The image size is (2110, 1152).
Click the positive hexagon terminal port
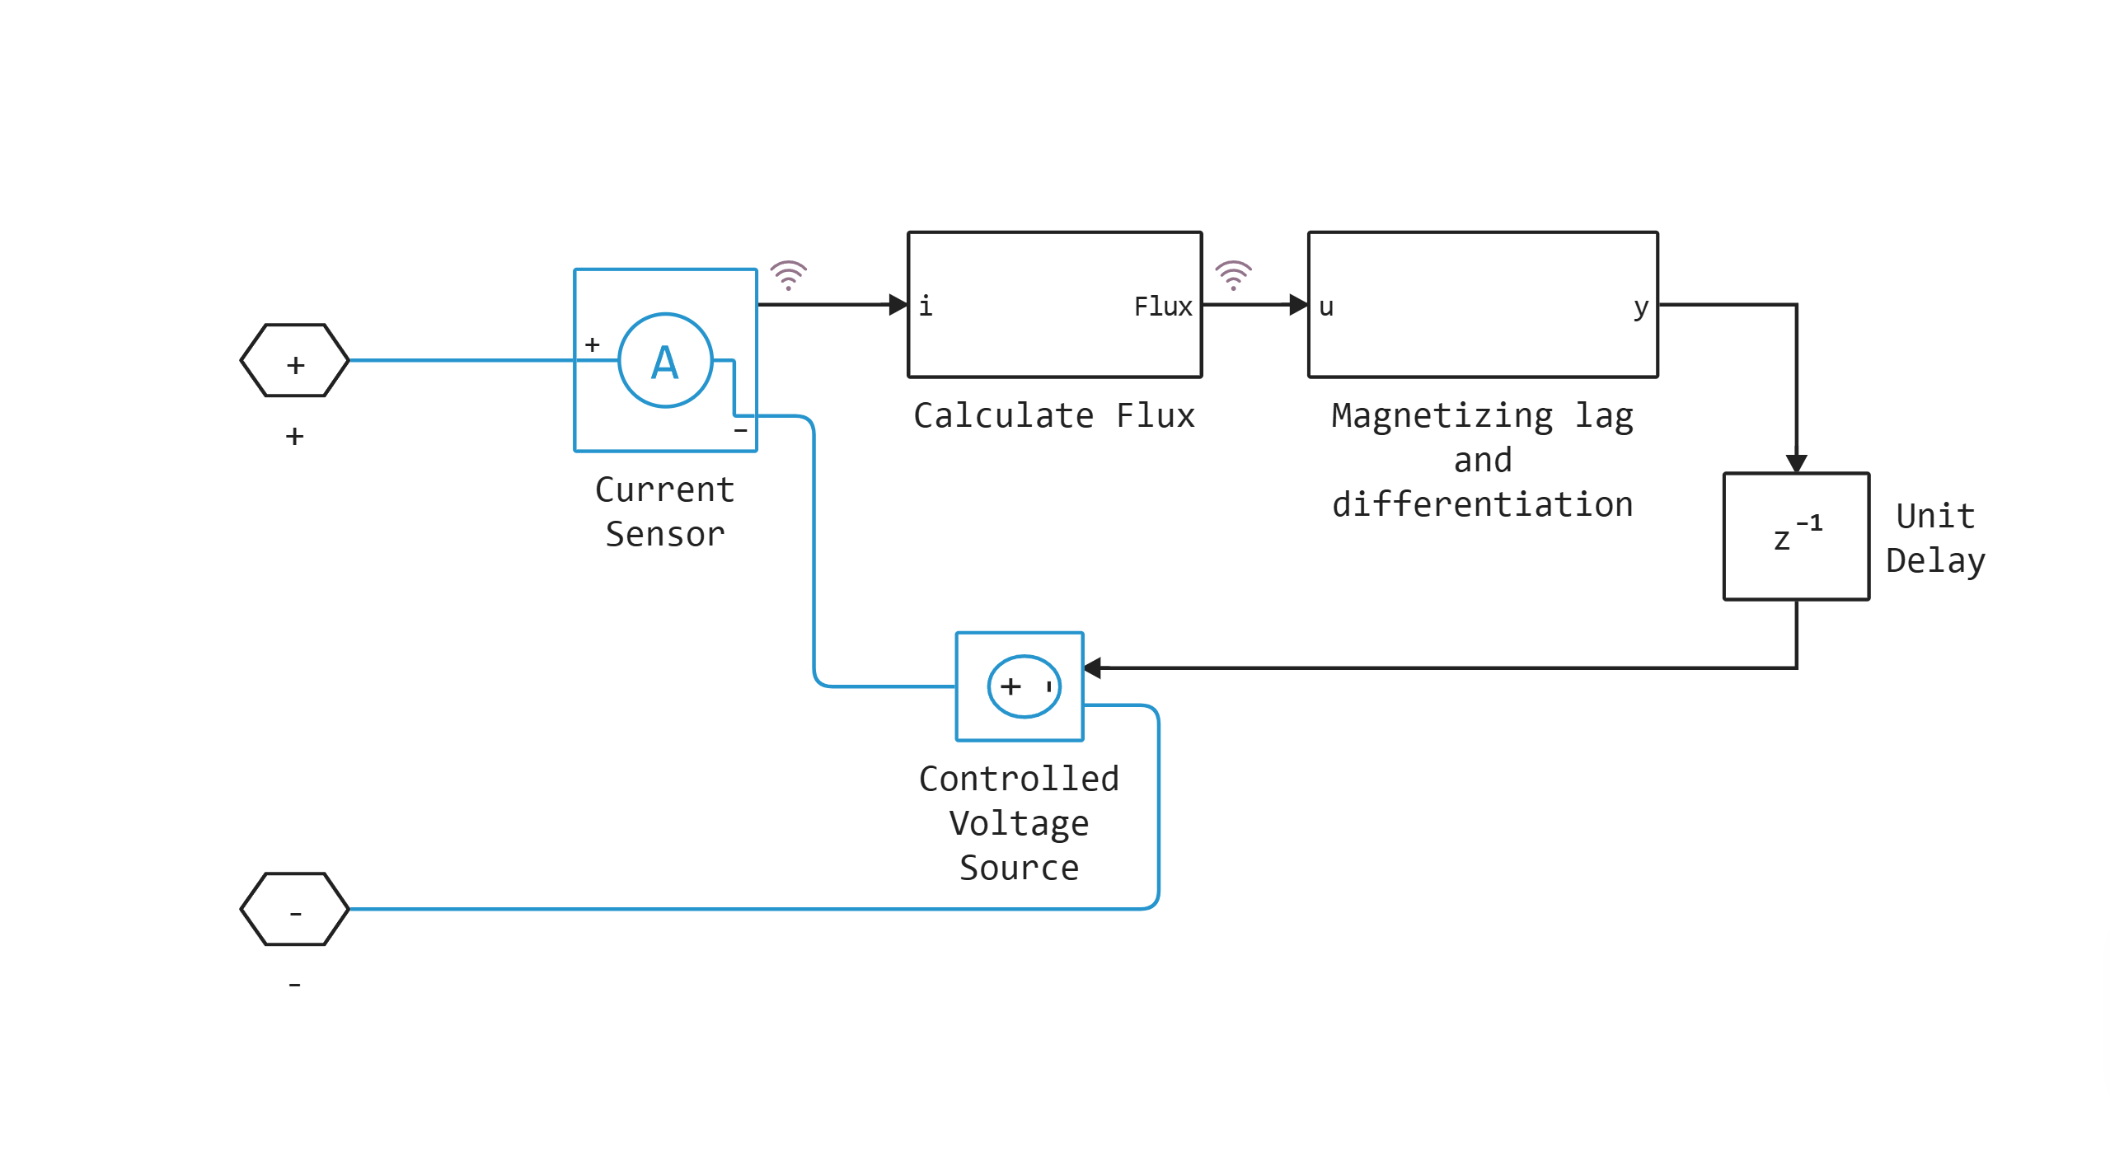pyautogui.click(x=294, y=361)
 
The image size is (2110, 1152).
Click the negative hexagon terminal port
pyautogui.click(x=294, y=909)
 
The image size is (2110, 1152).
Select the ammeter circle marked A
pyautogui.click(x=664, y=361)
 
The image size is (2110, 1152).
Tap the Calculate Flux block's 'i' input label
pyautogui.click(x=926, y=306)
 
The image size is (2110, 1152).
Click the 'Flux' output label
pyautogui.click(x=1162, y=307)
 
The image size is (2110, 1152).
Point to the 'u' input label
pyautogui.click(x=1325, y=307)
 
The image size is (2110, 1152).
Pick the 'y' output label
pyautogui.click(x=1640, y=307)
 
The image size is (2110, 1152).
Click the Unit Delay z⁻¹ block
pyautogui.click(x=1796, y=536)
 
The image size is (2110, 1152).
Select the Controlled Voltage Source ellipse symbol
pyautogui.click(x=1024, y=686)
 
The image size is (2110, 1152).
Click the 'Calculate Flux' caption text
pyautogui.click(x=1053, y=416)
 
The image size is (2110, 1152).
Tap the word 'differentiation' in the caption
pyautogui.click(x=1482, y=504)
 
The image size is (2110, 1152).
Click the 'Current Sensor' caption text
pyautogui.click(x=664, y=512)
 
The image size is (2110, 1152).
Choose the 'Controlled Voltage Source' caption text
pyautogui.click(x=1019, y=823)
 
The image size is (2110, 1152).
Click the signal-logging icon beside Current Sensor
pyautogui.click(x=788, y=275)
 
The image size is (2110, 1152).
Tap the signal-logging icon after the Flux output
pyautogui.click(x=1233, y=275)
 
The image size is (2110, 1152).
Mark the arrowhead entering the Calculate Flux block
pyautogui.click(x=898, y=305)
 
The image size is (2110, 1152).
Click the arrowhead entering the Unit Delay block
pyautogui.click(x=1797, y=463)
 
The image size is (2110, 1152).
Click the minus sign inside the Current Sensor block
pyautogui.click(x=740, y=430)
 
